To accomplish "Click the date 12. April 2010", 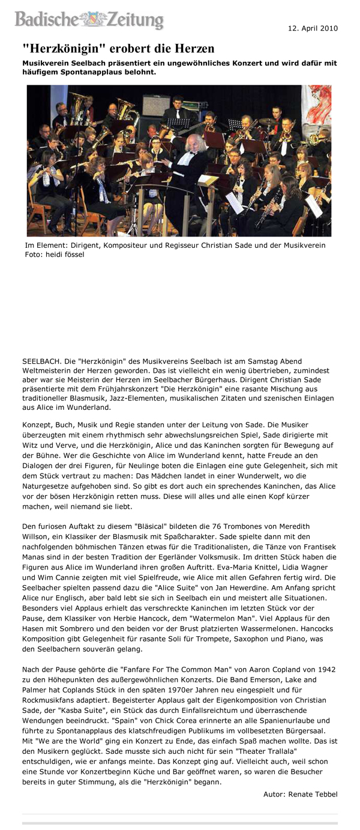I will point(313,28).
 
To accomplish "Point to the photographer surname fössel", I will point(73,254).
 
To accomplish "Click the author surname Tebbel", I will point(324,793).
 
